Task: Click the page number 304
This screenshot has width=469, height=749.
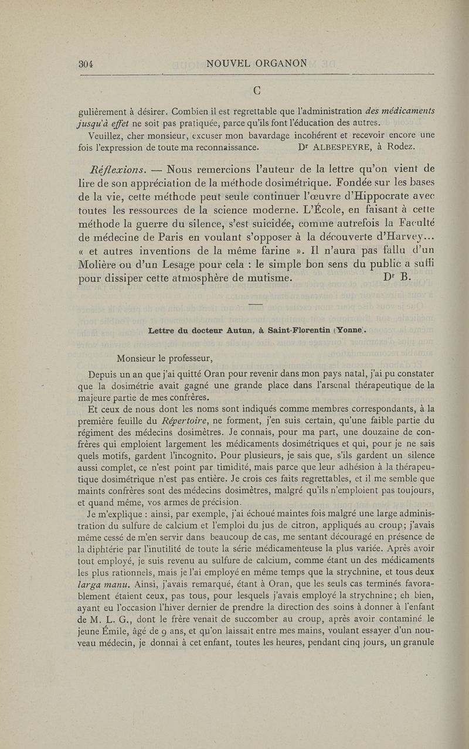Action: pyautogui.click(x=87, y=64)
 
